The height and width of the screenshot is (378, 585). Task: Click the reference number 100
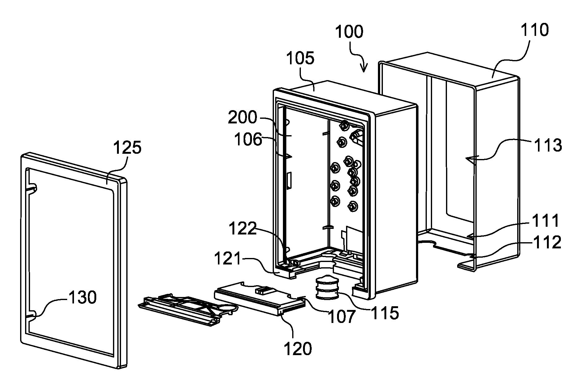(x=349, y=32)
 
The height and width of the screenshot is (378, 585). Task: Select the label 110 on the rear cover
(x=535, y=30)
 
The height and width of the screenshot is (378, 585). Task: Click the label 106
(x=248, y=140)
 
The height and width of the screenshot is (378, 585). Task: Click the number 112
(x=547, y=243)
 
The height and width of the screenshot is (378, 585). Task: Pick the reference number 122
(x=243, y=229)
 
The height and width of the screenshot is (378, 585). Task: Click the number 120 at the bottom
(x=298, y=349)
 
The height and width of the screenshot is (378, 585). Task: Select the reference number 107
(x=341, y=317)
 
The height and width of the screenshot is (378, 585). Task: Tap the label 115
(x=384, y=313)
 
